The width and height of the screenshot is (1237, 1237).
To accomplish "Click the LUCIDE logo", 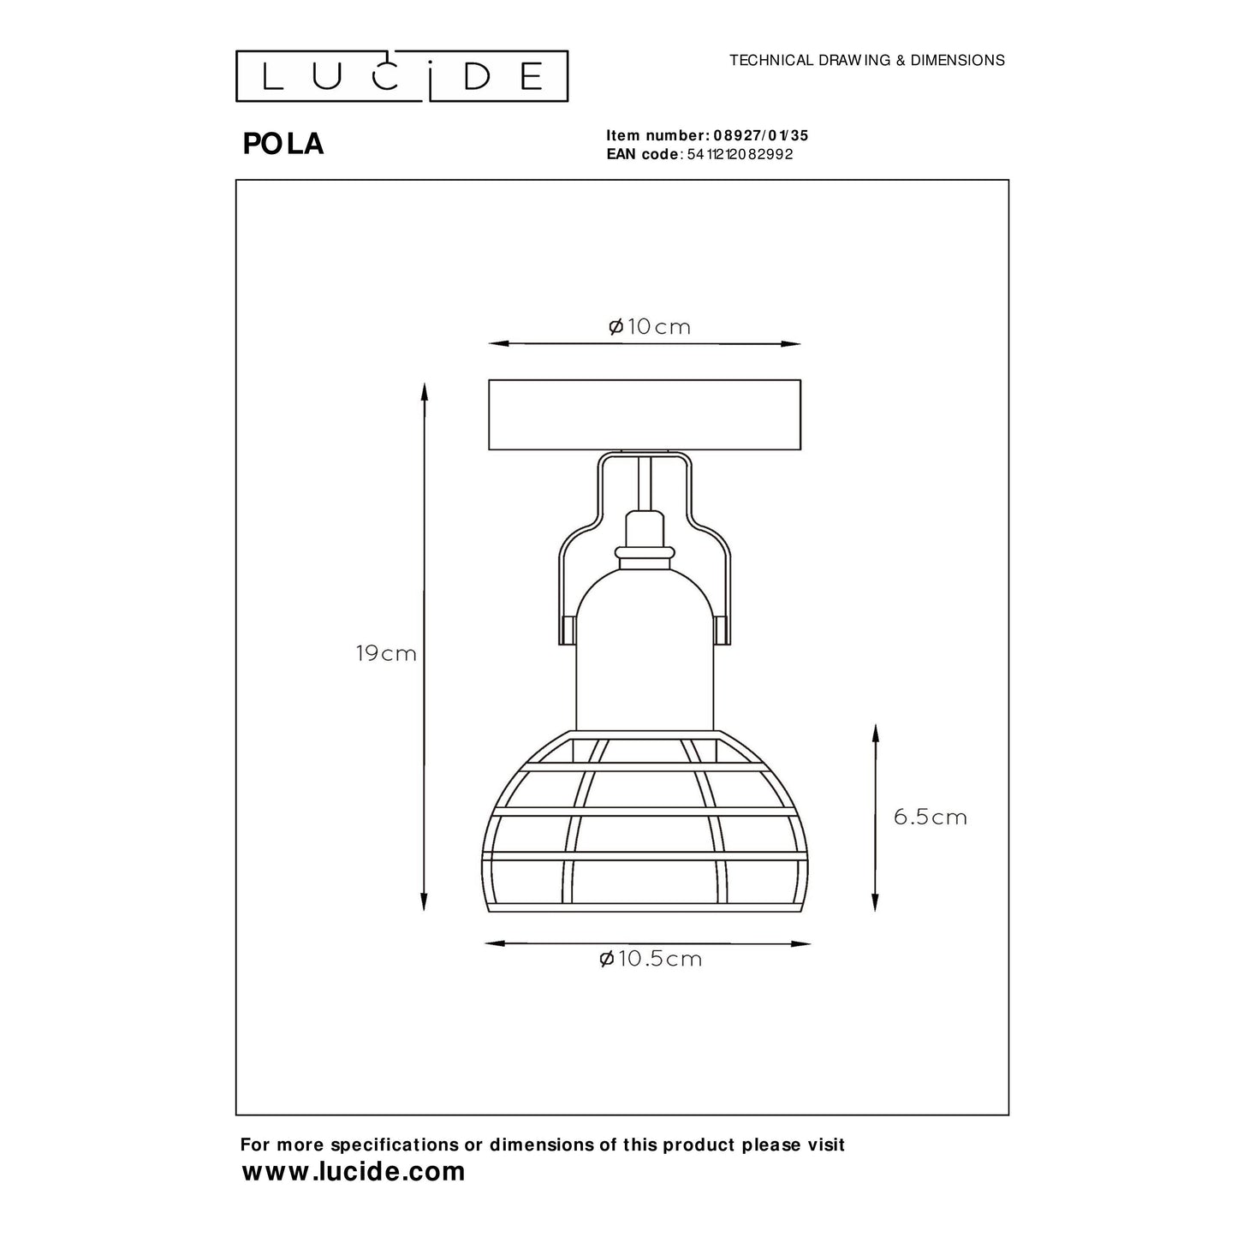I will click(401, 76).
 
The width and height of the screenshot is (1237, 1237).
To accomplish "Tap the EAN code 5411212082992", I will click(740, 154).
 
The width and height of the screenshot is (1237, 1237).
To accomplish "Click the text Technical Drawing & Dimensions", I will click(866, 61).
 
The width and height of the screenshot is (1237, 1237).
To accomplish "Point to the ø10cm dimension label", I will click(649, 327).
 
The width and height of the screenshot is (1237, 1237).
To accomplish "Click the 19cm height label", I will click(386, 654).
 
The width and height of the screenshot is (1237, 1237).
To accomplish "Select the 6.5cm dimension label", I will click(930, 817).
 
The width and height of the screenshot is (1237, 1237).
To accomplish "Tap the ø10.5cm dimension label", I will click(651, 959).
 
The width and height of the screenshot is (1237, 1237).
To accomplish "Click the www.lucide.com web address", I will click(354, 1171).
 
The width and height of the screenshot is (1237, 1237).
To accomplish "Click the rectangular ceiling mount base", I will click(644, 414).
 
